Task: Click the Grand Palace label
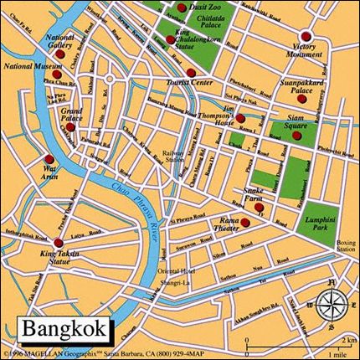pyautogui.click(x=70, y=115)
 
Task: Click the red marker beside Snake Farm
pyautogui.click(x=260, y=207)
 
